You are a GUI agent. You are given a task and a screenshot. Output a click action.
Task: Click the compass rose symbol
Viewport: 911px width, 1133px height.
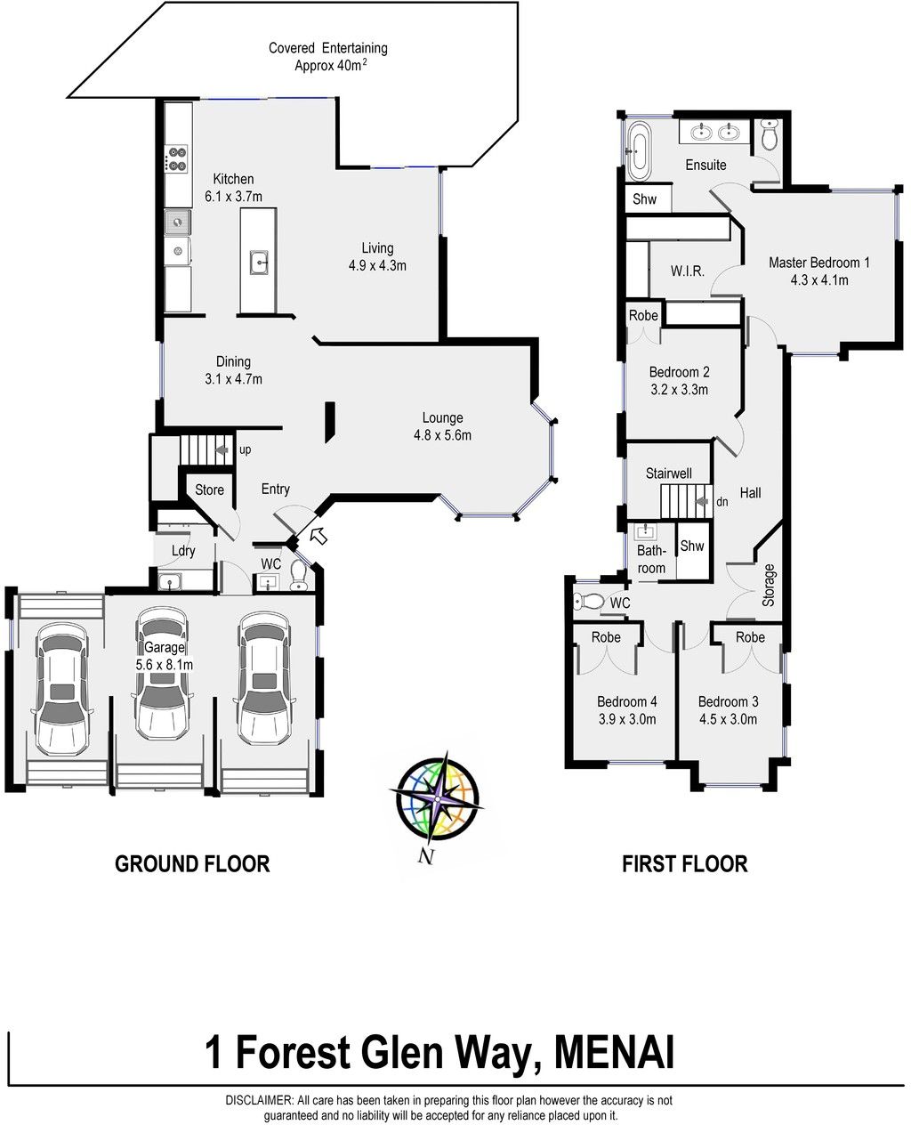click(x=436, y=797)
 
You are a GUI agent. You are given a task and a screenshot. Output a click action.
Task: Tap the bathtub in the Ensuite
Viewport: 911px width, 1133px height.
click(x=639, y=150)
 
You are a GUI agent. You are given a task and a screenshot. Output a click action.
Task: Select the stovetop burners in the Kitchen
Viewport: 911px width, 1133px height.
click(x=177, y=159)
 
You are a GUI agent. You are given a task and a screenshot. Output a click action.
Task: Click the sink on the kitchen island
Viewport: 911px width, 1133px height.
click(x=259, y=263)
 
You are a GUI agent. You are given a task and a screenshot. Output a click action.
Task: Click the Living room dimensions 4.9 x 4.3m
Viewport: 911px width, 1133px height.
click(x=377, y=265)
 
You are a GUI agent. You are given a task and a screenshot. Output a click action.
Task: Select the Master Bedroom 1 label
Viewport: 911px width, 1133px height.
click(x=818, y=263)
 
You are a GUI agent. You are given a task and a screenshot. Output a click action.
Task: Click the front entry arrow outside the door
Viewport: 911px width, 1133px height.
click(x=318, y=536)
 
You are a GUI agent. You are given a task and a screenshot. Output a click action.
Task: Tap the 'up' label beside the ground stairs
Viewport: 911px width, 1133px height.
click(x=246, y=450)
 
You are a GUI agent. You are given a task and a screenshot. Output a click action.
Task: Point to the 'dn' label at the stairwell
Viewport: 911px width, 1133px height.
click(x=722, y=502)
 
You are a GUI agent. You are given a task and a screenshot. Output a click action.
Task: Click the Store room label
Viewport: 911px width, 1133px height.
click(x=209, y=490)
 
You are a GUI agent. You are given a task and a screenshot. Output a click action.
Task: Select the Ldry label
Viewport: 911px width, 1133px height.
click(x=183, y=551)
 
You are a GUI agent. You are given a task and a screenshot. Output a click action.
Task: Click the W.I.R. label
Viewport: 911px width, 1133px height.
click(x=688, y=271)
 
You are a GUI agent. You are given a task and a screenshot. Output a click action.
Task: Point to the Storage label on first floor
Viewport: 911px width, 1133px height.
click(x=769, y=585)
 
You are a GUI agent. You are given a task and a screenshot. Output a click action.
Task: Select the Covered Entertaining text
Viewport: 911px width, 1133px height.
click(x=328, y=48)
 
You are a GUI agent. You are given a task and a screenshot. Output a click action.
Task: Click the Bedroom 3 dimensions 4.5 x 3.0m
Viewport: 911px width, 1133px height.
click(x=728, y=718)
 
